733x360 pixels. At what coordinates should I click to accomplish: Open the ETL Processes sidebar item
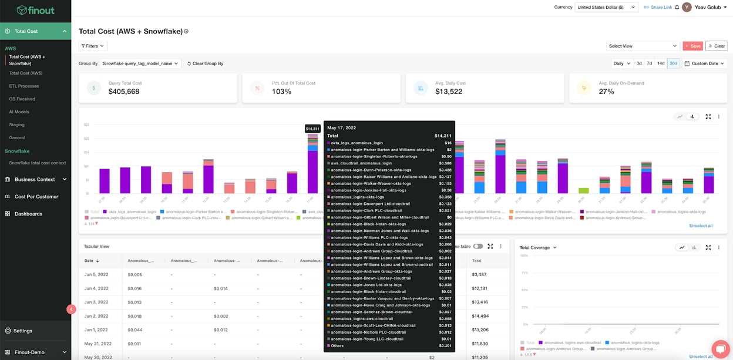[x=24, y=86]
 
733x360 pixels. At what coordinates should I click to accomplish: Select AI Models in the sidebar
[x=19, y=112]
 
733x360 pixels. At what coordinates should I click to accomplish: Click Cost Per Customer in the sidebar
[x=36, y=197]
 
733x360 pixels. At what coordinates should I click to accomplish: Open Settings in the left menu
[x=23, y=331]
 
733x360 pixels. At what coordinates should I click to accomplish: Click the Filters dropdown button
[x=93, y=46]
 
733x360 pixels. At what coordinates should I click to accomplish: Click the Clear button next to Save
[x=716, y=46]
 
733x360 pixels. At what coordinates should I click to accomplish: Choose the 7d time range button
[x=650, y=63]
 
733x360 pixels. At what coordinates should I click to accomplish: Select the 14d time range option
[x=661, y=63]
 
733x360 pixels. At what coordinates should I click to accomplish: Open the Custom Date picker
[x=705, y=63]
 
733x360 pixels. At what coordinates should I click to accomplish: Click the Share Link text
[x=661, y=8]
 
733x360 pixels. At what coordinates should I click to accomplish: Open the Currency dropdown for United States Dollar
[x=606, y=8]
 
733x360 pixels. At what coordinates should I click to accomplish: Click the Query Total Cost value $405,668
[x=124, y=92]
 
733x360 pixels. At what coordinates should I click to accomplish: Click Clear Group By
[x=205, y=63]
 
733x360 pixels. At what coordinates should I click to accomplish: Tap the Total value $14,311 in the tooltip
[x=442, y=136]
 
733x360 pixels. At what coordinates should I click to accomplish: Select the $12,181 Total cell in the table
[x=479, y=288]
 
